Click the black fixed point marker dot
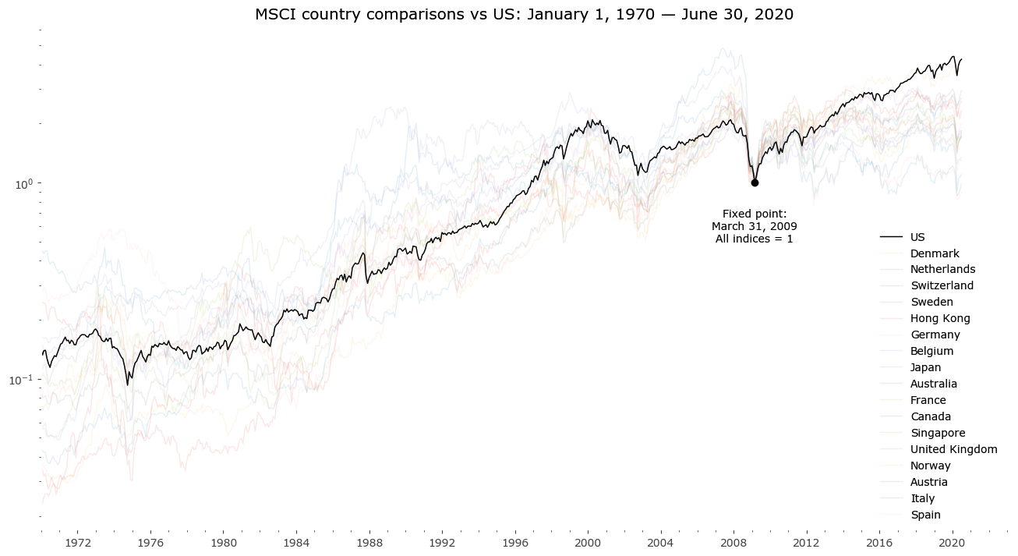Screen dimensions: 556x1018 tap(755, 182)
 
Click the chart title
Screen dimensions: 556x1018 tap(524, 15)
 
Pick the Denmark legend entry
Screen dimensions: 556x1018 tap(935, 253)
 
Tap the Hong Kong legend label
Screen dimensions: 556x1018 tap(940, 318)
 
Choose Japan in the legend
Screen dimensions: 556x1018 tap(925, 367)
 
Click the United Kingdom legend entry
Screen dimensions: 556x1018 tap(953, 449)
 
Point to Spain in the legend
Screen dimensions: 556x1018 tap(925, 515)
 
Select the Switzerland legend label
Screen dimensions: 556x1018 tap(942, 285)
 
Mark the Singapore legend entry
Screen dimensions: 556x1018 tap(938, 433)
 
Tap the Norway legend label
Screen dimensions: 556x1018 tap(930, 466)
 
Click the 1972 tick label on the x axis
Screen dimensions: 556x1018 tap(78, 542)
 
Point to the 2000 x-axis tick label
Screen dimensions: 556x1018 tap(588, 542)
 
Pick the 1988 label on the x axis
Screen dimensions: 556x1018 tap(369, 542)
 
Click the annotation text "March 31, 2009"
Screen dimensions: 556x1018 tap(755, 226)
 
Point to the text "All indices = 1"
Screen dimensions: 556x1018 tap(755, 239)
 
